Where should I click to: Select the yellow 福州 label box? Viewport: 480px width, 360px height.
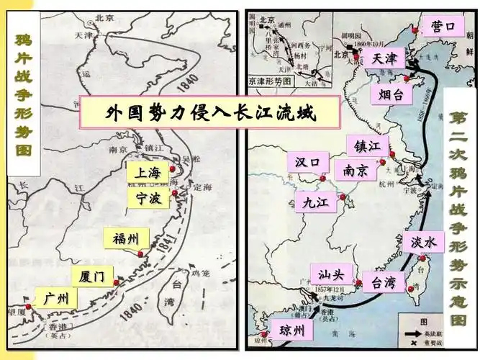(x=127, y=238)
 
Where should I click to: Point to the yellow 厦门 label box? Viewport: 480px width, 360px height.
(x=93, y=276)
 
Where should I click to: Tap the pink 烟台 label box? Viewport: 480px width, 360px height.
(x=391, y=94)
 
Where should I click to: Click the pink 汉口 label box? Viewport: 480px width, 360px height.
(x=307, y=163)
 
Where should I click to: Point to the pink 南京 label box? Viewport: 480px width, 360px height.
(x=356, y=171)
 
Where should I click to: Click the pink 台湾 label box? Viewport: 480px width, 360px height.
(x=379, y=282)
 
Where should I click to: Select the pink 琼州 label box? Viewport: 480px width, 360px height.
(x=291, y=331)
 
